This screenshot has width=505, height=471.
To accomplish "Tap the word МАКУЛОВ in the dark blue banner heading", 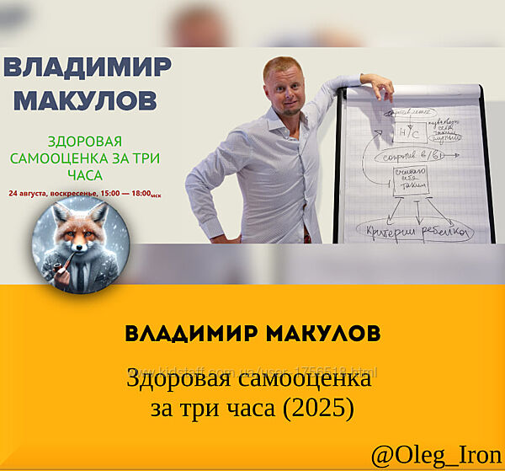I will click(x=85, y=99).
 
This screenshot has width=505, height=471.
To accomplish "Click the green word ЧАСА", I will click(x=82, y=175).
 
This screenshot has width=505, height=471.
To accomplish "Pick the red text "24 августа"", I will click(x=29, y=193).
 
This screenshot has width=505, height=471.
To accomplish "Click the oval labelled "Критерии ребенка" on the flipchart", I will click(x=415, y=228).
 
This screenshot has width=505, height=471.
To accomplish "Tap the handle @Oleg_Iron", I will click(x=437, y=454).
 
